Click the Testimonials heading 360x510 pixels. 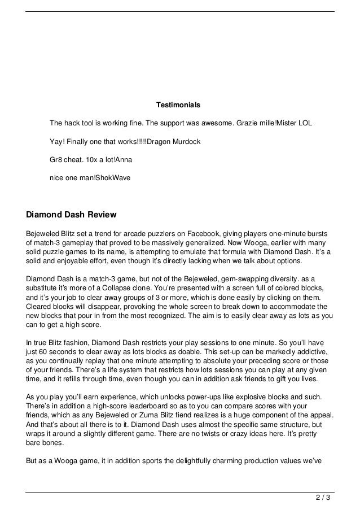tap(178, 105)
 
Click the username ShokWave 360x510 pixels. tap(113, 177)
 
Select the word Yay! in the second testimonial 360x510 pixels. tap(56, 141)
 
